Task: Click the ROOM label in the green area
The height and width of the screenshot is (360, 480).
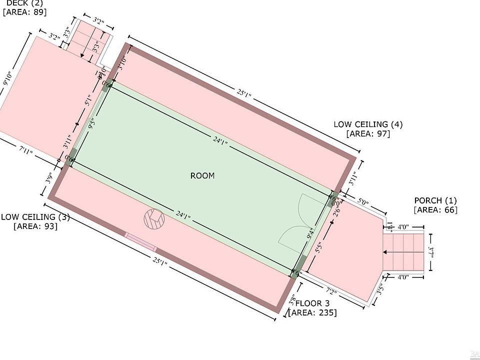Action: pyautogui.click(x=202, y=175)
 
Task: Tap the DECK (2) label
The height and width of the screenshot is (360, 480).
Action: pyautogui.click(x=24, y=3)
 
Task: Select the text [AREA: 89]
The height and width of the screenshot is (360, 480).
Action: pyautogui.click(x=24, y=12)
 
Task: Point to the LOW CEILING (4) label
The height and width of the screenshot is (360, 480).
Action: pyautogui.click(x=368, y=124)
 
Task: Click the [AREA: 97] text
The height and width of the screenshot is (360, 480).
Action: pyautogui.click(x=368, y=133)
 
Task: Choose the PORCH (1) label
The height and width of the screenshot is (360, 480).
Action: pyautogui.click(x=435, y=200)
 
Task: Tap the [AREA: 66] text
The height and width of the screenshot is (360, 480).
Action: pyautogui.click(x=435, y=210)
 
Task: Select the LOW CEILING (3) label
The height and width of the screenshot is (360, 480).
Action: pyautogui.click(x=35, y=217)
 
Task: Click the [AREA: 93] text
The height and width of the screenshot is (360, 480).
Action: pyautogui.click(x=35, y=226)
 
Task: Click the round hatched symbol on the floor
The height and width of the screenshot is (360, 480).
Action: pyautogui.click(x=153, y=219)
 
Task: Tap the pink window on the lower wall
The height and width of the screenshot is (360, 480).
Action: pyautogui.click(x=140, y=242)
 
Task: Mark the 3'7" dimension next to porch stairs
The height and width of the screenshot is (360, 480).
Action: pyautogui.click(x=431, y=252)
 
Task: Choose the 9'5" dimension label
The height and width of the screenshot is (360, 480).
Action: pyautogui.click(x=91, y=123)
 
